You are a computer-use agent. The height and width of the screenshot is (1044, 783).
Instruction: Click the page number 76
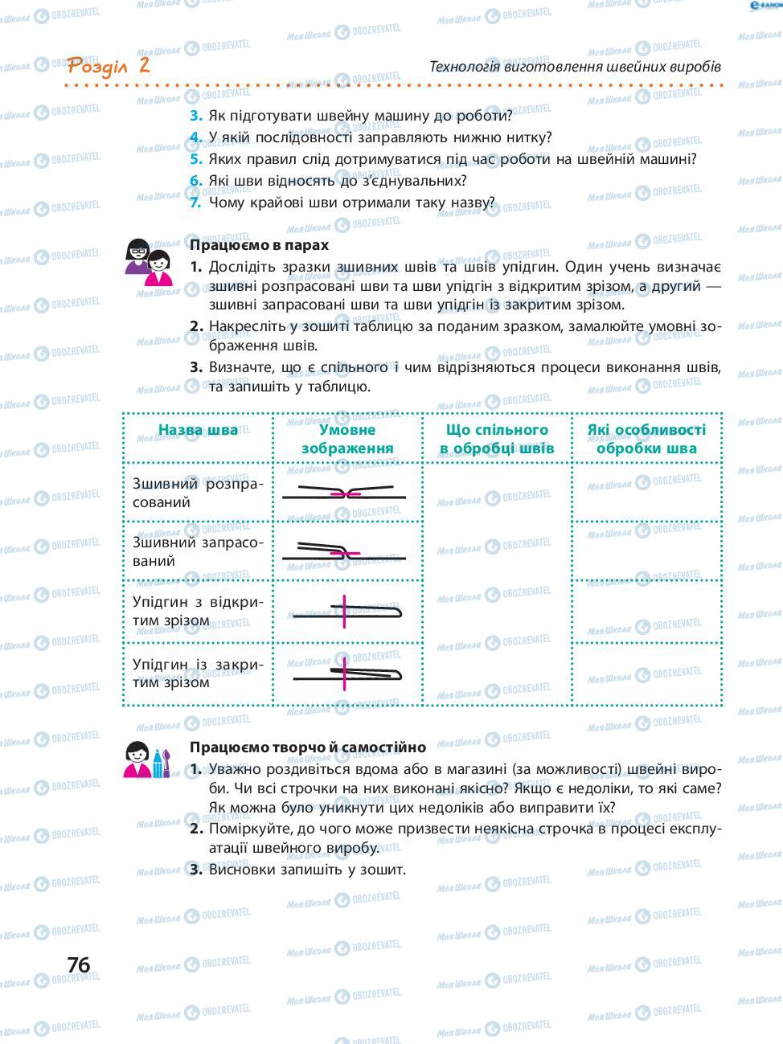pyautogui.click(x=79, y=964)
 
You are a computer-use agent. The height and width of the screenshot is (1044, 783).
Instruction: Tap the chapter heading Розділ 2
pyautogui.click(x=109, y=65)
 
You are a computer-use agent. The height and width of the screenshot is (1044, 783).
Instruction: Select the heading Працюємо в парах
pyautogui.click(x=259, y=245)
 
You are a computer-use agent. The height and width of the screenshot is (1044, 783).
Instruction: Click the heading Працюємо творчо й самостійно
pyautogui.click(x=307, y=747)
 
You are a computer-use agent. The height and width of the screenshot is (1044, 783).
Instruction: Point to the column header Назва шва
pyautogui.click(x=198, y=430)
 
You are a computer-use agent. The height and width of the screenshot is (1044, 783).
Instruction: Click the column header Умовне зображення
pyautogui.click(x=347, y=439)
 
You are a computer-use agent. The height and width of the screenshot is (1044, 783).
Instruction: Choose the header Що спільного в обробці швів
pyautogui.click(x=497, y=439)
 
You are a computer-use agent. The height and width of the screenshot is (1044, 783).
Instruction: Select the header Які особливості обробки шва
pyautogui.click(x=646, y=439)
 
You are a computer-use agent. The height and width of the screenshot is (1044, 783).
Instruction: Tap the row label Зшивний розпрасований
pyautogui.click(x=197, y=493)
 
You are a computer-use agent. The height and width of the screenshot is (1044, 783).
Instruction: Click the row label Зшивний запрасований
pyautogui.click(x=197, y=551)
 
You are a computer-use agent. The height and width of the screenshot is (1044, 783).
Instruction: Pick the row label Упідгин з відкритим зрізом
pyautogui.click(x=197, y=611)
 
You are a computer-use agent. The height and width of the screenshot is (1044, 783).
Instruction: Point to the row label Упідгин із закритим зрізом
pyautogui.click(x=197, y=673)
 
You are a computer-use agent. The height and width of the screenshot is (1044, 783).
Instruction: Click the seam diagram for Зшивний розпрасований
pyautogui.click(x=346, y=493)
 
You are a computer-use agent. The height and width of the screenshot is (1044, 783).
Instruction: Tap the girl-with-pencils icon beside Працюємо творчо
pyautogui.click(x=148, y=759)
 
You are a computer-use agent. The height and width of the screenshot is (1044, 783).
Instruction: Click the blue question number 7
pyautogui.click(x=195, y=203)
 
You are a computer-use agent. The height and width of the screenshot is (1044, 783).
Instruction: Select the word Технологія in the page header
pyautogui.click(x=465, y=66)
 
